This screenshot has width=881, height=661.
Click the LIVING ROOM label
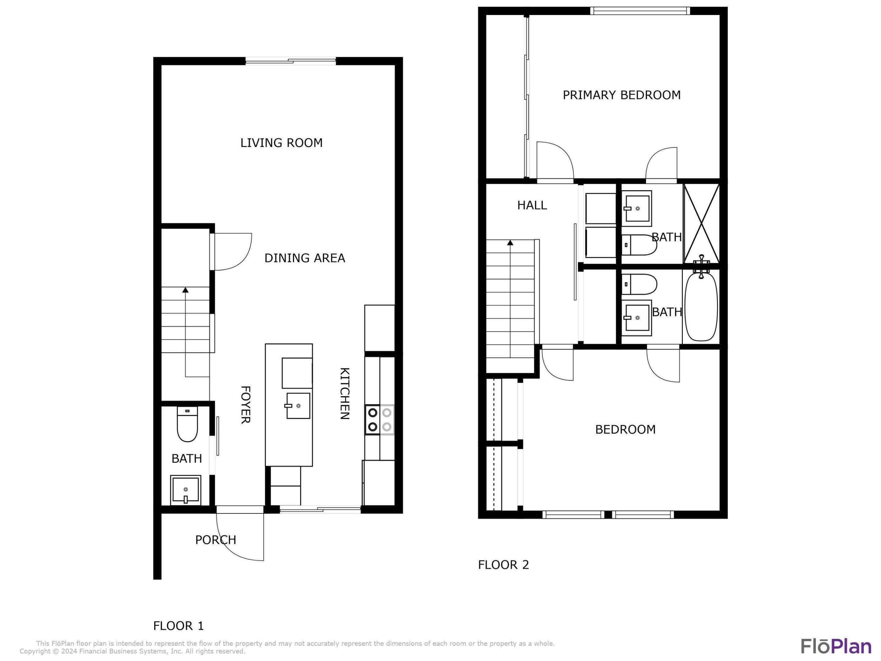[x=281, y=143]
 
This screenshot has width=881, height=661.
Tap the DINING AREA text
[x=305, y=258]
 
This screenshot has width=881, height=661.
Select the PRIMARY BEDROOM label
[x=621, y=95]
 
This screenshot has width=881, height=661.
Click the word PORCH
[x=215, y=540]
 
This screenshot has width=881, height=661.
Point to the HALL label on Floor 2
[x=532, y=205]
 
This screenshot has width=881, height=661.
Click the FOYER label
[x=245, y=405]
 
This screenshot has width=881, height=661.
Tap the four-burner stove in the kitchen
[x=379, y=420]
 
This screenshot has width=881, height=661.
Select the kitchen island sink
[x=298, y=405]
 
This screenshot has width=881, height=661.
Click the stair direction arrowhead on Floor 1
[x=185, y=290]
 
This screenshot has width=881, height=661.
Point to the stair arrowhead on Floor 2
[x=510, y=243]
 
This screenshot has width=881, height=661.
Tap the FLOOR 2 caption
[x=504, y=565]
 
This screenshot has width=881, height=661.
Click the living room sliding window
[x=291, y=61]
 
